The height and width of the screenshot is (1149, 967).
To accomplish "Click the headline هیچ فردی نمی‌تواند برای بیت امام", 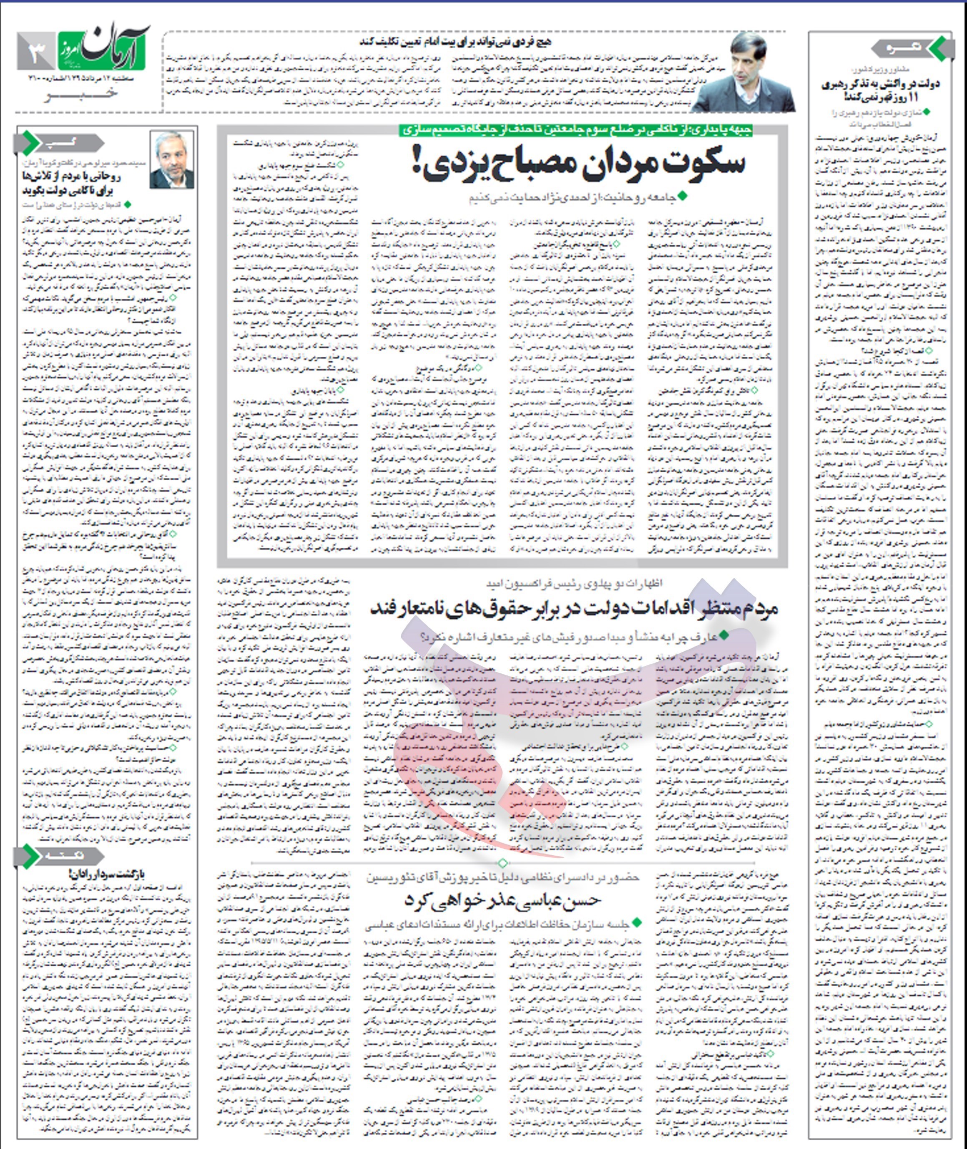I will tap(455, 42).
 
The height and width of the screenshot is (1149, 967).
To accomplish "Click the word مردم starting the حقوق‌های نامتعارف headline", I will tap(759, 608).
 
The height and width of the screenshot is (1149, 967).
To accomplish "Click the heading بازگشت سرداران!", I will tap(108, 874).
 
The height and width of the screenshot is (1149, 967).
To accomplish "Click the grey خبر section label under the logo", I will tap(82, 94).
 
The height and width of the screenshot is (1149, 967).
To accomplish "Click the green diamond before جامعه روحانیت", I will tap(683, 196).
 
